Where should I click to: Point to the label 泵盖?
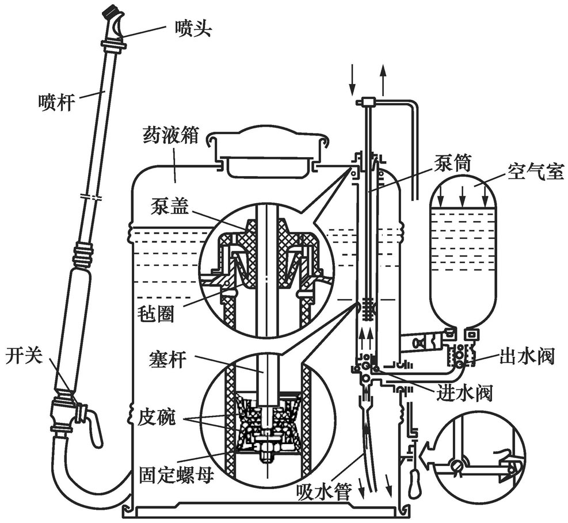(x=168, y=205)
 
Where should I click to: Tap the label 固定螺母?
(x=170, y=477)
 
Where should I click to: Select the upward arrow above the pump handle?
(x=383, y=79)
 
